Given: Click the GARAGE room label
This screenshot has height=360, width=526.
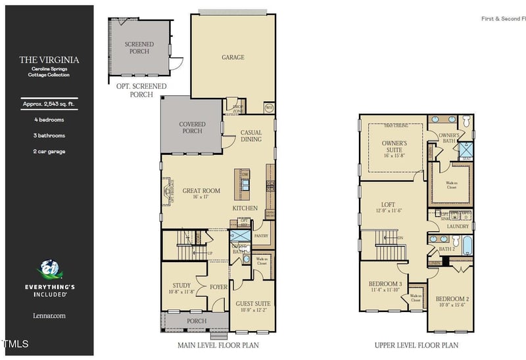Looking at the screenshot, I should (233, 57).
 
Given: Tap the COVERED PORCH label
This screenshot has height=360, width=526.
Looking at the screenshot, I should (192, 127).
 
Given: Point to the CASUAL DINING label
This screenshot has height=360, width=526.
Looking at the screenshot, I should (251, 135).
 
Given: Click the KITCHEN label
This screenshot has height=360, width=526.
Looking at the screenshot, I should (245, 208).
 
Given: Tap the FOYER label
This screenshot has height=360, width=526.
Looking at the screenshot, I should (218, 286).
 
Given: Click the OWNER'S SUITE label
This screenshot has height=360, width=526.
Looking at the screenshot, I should (394, 146).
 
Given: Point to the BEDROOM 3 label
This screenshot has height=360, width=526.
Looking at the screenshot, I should (385, 286).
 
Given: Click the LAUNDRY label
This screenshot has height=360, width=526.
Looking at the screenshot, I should (458, 227).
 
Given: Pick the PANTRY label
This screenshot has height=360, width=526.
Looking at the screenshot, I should (261, 235).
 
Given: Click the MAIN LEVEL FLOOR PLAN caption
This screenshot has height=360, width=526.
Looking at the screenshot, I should (218, 345).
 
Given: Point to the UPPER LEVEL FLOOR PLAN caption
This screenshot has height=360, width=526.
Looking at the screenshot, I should (416, 345).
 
